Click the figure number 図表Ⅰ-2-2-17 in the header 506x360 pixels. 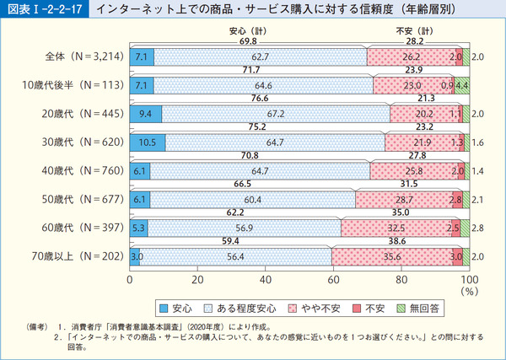(x=43, y=11)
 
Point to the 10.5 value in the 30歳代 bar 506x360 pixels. (x=147, y=142)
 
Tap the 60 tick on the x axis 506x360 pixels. (x=334, y=279)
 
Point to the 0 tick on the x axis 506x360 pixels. (x=131, y=279)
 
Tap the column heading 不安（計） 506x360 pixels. (x=414, y=31)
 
